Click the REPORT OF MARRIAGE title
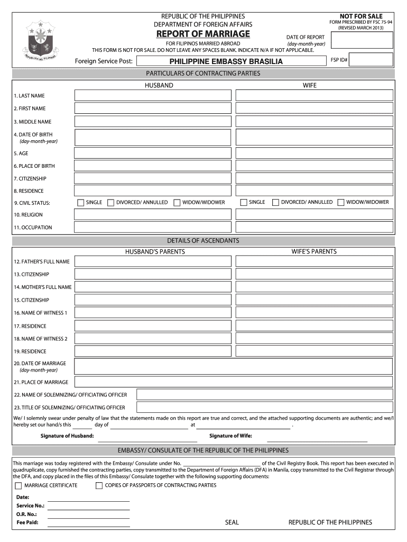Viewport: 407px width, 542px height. pos(202,34)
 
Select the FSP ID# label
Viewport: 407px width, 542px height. pos(339,60)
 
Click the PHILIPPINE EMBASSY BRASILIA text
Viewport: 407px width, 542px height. pos(226,61)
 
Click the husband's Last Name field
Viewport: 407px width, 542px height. pos(153,95)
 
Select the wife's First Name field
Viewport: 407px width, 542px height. pos(314,108)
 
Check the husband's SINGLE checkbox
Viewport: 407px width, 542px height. pos(80,202)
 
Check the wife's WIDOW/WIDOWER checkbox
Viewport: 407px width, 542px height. pos(341,202)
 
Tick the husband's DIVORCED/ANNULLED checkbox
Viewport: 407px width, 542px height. pos(111,202)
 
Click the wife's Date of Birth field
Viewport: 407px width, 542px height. pos(314,138)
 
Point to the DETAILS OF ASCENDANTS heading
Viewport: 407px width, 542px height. pos(203,241)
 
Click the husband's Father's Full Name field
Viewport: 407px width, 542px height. pos(153,261)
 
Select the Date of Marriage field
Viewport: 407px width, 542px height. pos(233,366)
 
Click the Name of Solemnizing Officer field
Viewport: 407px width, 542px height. pos(264,395)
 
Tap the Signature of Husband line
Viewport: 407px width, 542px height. pos(147,438)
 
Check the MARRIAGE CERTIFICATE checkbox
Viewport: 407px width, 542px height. pos(18,485)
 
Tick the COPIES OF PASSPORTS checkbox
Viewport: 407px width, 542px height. pos(99,485)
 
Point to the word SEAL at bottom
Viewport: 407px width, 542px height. pos(232,522)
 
